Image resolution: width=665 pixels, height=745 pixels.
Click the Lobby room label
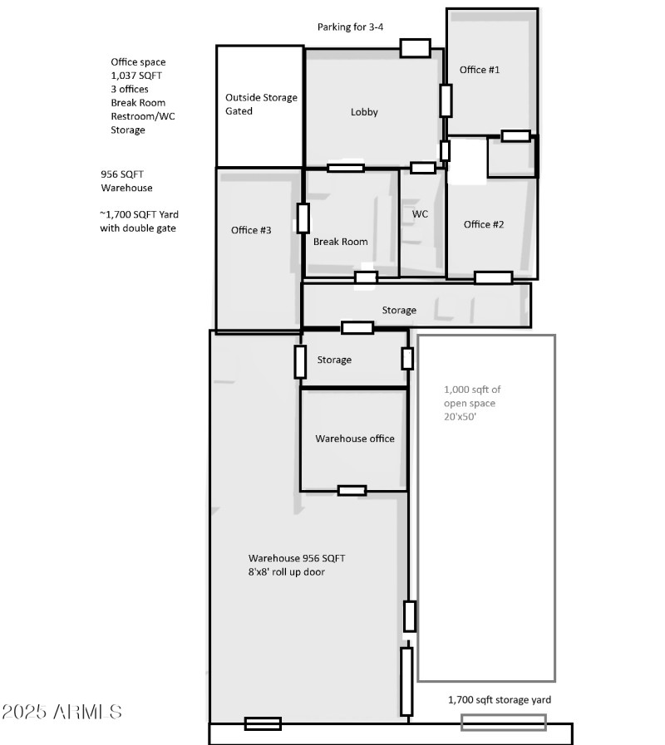pos(364,112)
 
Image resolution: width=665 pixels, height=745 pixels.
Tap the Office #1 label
pos(480,70)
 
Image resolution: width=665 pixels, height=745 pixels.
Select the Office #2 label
pos(483,224)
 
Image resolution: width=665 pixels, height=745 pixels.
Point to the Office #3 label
pos(251,230)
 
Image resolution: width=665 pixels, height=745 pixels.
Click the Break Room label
pos(340,243)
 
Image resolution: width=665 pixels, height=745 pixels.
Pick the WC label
pos(420,214)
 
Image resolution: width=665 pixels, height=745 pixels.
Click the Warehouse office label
pos(354,439)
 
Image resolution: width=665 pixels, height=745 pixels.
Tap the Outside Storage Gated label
pos(261,104)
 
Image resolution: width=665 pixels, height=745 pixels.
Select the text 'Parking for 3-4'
pos(350,27)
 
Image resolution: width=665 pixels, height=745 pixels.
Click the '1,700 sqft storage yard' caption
pos(499,700)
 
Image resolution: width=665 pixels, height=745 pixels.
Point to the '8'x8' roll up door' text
pos(293,572)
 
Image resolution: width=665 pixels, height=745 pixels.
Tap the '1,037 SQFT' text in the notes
pos(133,76)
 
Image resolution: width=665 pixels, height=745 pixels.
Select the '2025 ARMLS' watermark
pos(62,713)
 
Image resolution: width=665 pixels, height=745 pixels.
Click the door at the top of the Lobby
pos(415,48)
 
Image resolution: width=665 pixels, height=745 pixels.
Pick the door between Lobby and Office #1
pos(446,100)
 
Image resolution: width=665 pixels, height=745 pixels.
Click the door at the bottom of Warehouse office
pos(352,490)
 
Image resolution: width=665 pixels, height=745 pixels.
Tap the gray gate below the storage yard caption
pos(504,723)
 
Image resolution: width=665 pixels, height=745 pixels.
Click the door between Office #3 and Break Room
pos(303,218)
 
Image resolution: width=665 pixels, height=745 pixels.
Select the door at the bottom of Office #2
pos(493,277)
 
